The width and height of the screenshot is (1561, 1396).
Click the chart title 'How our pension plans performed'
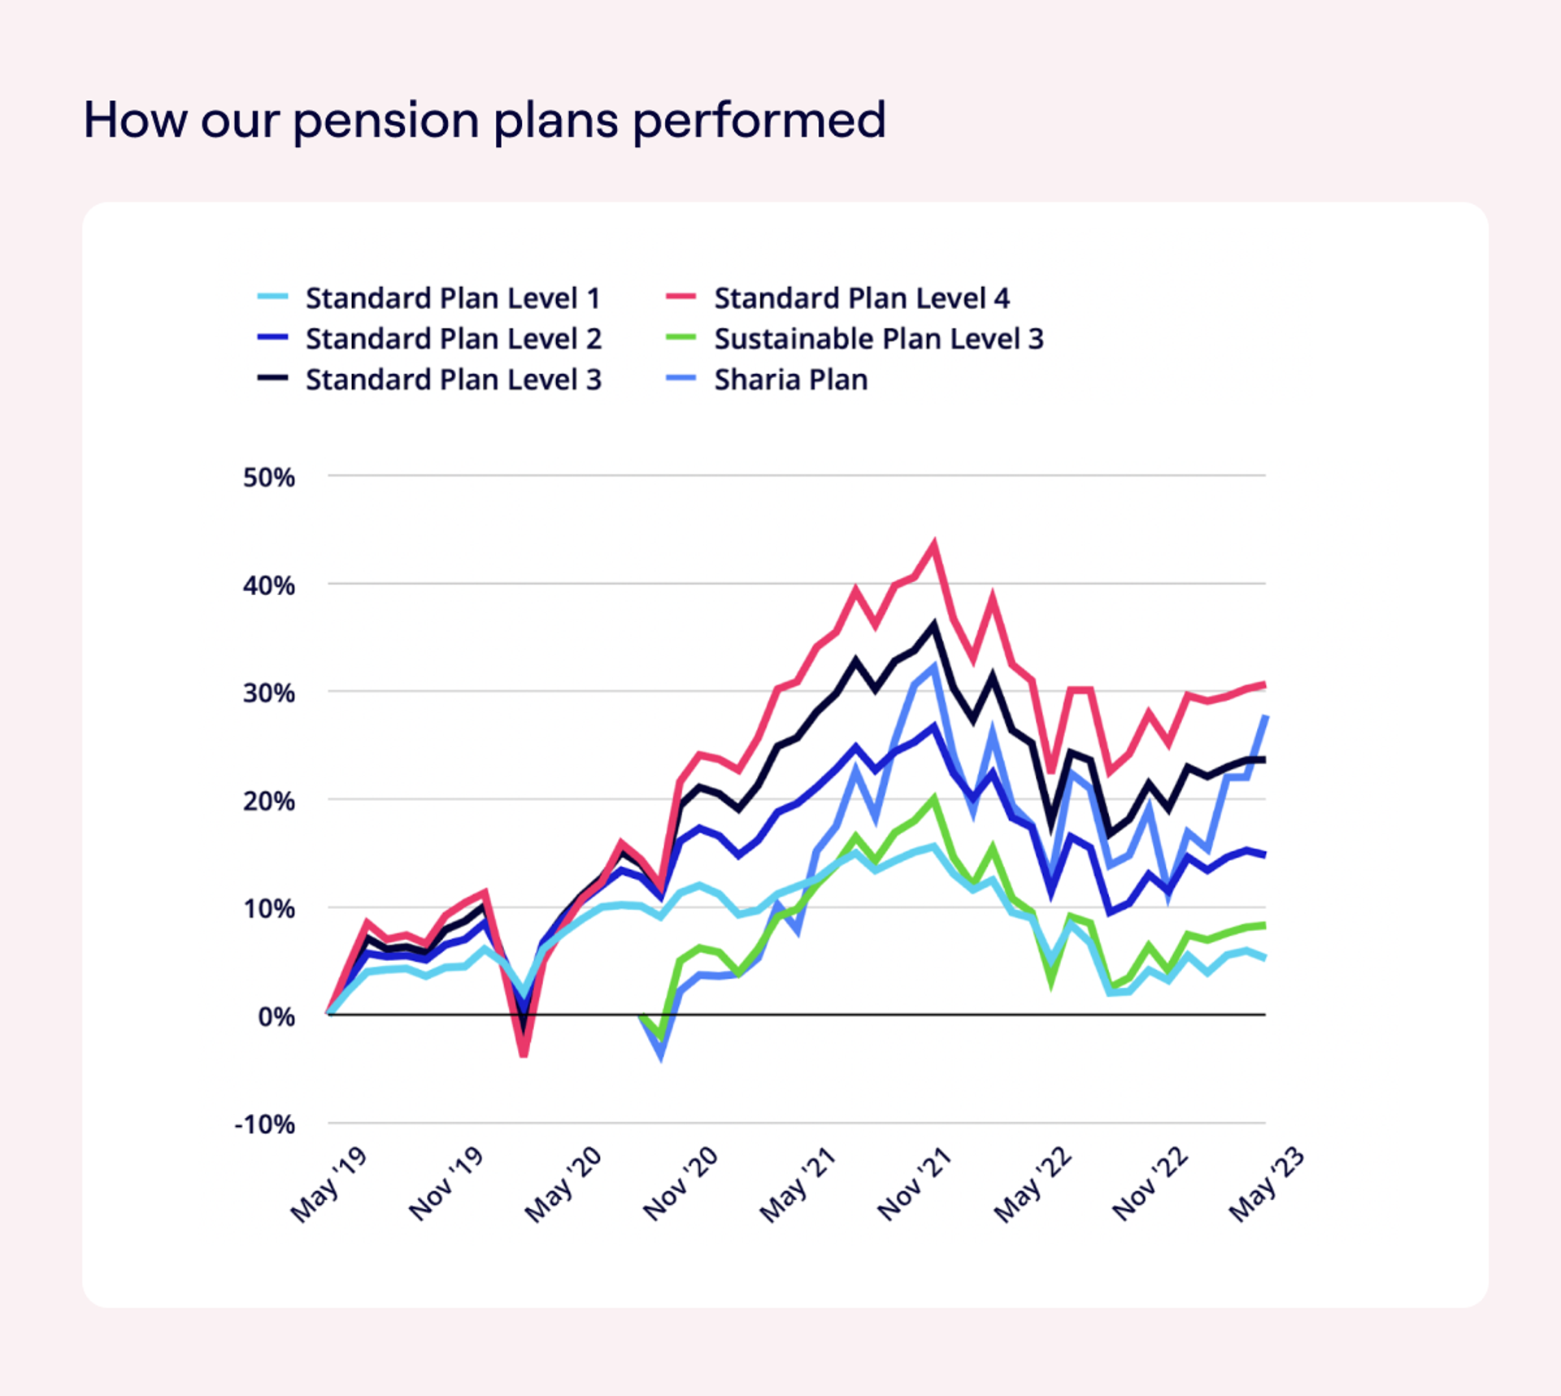pyautogui.click(x=485, y=120)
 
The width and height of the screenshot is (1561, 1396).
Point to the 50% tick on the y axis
pyautogui.click(x=269, y=477)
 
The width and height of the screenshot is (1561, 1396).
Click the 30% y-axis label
pyautogui.click(x=269, y=694)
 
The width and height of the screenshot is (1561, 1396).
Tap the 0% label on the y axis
pyautogui.click(x=276, y=1017)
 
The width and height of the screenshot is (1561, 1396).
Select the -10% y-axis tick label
pyautogui.click(x=265, y=1125)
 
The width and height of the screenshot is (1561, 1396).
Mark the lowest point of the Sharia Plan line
pyautogui.click(x=661, y=1056)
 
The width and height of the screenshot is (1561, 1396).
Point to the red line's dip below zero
pyautogui.click(x=524, y=1055)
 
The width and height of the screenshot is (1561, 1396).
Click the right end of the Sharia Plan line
pyautogui.click(x=1265, y=716)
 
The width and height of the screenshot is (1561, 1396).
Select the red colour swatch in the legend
pyautogui.click(x=680, y=297)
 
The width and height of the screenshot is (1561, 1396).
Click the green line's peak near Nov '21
pyautogui.click(x=934, y=798)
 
